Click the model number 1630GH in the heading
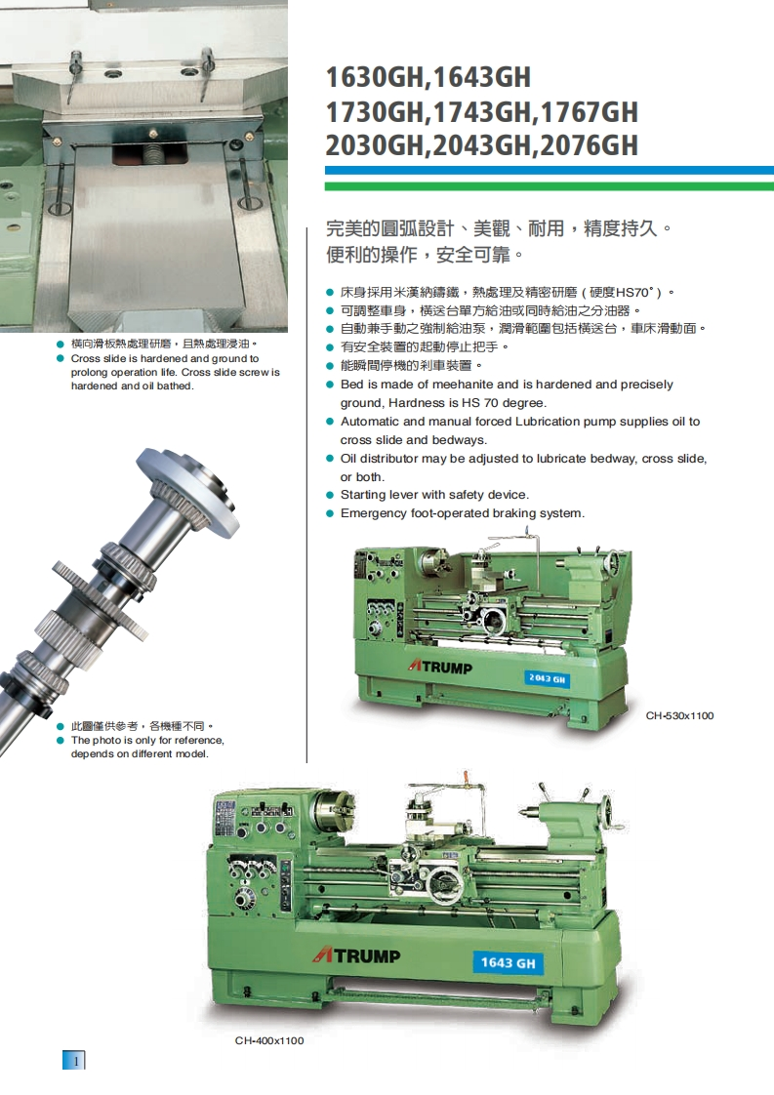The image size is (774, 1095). (x=375, y=77)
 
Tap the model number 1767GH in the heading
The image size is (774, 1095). (x=589, y=111)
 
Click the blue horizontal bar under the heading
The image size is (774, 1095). (x=550, y=171)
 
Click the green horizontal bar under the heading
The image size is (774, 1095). (x=550, y=186)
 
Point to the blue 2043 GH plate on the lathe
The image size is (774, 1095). (x=547, y=678)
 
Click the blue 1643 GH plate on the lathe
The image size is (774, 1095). (x=508, y=963)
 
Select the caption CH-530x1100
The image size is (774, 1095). (x=679, y=715)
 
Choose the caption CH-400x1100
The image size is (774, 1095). (x=269, y=1040)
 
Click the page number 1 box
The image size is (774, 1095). (x=74, y=1060)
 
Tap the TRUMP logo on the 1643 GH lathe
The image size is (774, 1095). (x=356, y=954)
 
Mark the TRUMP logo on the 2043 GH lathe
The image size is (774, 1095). (x=440, y=667)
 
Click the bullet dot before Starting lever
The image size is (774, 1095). (x=331, y=495)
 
